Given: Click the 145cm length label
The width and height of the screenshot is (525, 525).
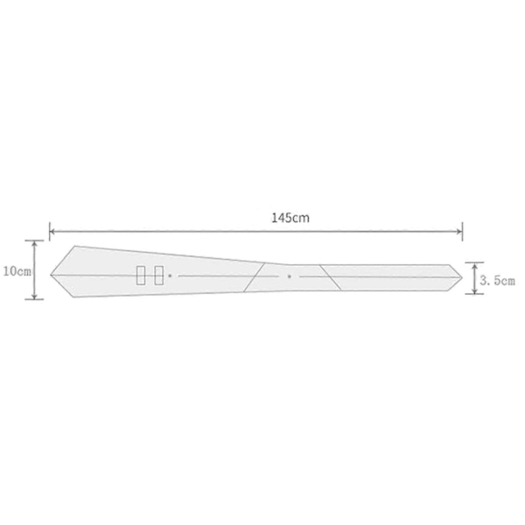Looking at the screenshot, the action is coord(290,218).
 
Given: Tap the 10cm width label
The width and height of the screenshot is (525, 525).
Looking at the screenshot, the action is coord(17,271).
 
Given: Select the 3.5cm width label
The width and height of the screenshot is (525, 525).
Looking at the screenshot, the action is coord(497,281).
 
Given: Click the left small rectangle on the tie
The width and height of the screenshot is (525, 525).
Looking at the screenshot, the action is coord(141,276).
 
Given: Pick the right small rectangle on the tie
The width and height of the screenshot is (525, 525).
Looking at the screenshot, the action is coord(158,276).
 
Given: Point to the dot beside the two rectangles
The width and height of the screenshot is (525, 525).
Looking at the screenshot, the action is coord(170,276).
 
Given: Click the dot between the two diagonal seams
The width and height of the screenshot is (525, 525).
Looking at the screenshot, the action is coord(290,276).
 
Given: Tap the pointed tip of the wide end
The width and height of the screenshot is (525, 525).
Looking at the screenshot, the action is coord(51,275).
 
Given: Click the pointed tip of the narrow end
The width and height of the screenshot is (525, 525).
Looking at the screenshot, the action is coord(462,277).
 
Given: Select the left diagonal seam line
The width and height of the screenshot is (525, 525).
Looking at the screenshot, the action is coord(254,277).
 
